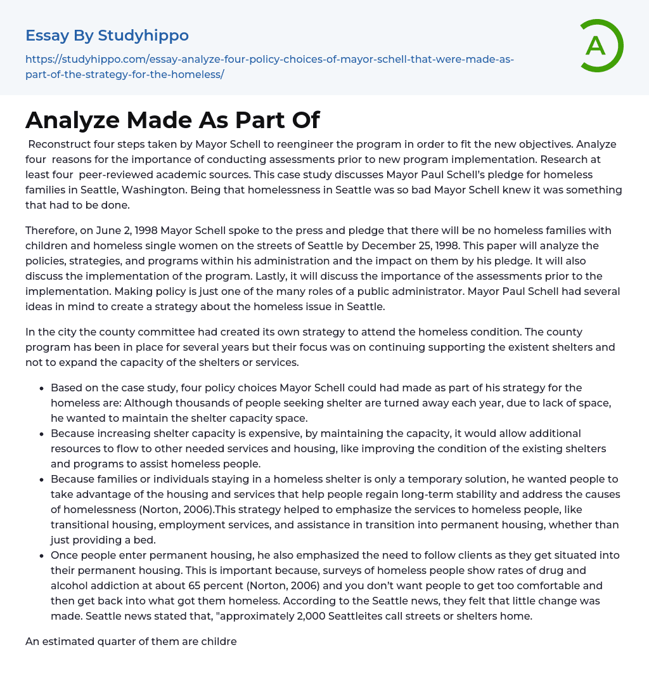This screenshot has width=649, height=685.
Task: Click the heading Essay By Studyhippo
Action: [x=107, y=36]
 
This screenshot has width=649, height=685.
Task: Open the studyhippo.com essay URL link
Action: [x=269, y=67]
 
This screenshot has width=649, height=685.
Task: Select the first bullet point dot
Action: [x=42, y=388]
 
